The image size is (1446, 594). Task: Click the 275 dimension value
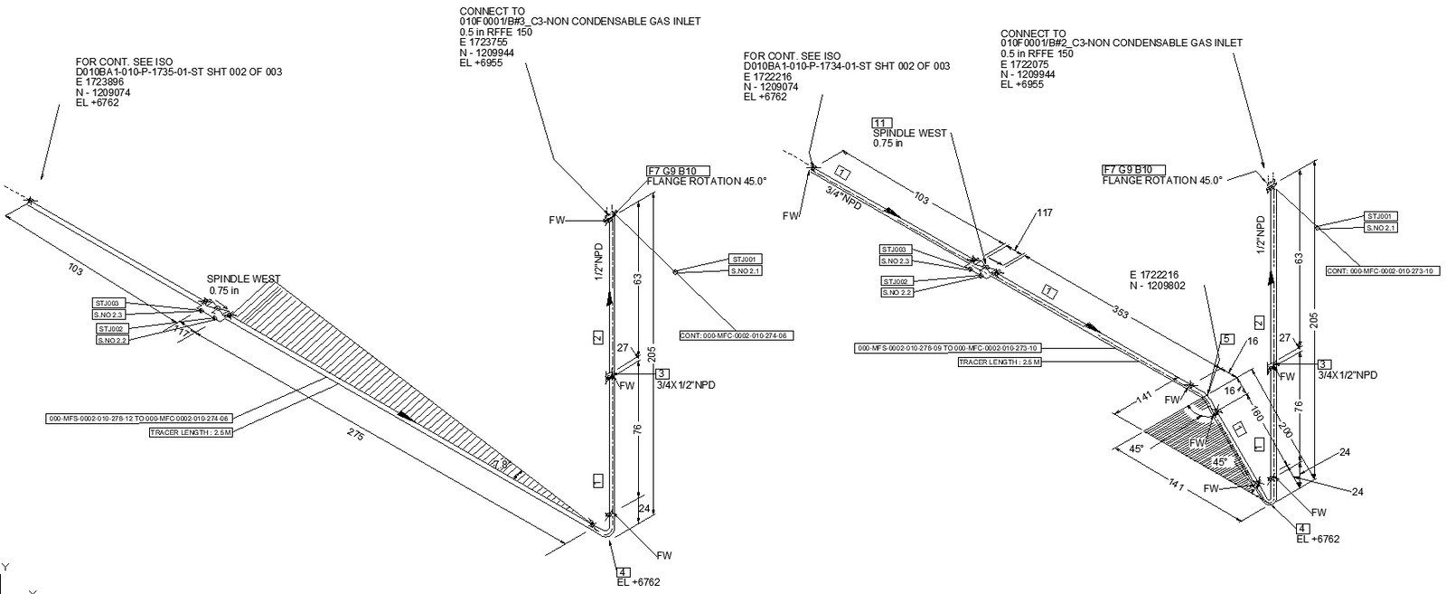[355, 436]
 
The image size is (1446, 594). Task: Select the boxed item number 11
[882, 122]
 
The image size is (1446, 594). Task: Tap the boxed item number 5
[1226, 339]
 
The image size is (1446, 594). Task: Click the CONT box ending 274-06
[735, 335]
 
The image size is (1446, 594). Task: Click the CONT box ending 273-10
[1382, 270]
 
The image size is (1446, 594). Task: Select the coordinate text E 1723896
[99, 82]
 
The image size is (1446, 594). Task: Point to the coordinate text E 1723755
[484, 42]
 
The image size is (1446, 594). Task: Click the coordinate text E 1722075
[1025, 64]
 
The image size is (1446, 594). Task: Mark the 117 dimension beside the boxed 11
[1045, 213]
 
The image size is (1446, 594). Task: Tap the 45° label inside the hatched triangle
[1219, 462]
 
